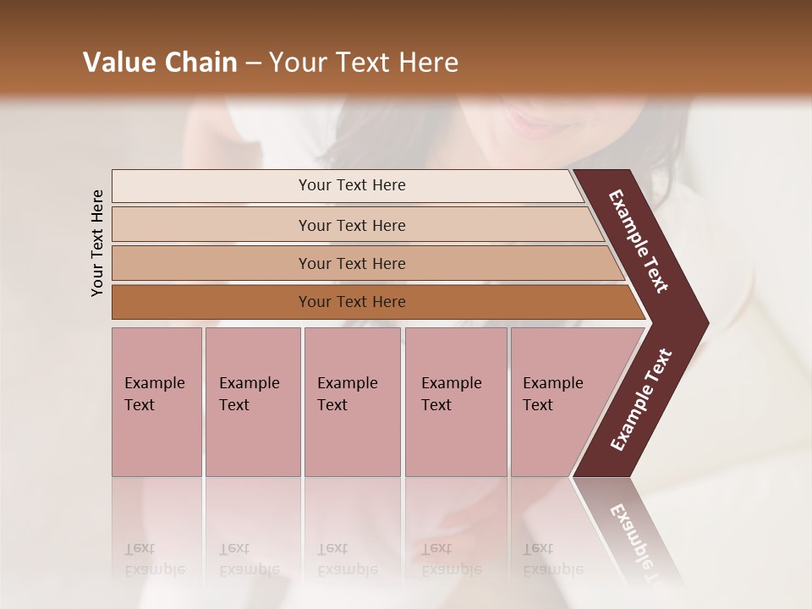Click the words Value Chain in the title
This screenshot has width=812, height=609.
(x=160, y=63)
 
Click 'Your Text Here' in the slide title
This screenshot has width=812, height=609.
(x=364, y=63)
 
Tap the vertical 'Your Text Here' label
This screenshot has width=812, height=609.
(x=97, y=243)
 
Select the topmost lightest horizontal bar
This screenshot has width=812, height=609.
(x=351, y=185)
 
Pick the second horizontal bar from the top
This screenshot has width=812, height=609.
(x=351, y=225)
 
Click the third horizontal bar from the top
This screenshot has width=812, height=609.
(x=351, y=263)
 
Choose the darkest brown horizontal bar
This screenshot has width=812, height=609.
(x=351, y=302)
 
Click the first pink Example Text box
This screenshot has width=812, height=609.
(x=156, y=402)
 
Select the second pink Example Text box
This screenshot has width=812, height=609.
(x=252, y=402)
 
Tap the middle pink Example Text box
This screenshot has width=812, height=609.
(x=352, y=402)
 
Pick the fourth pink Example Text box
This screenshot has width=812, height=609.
(x=455, y=402)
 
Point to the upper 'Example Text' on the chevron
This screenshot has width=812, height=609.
(x=639, y=241)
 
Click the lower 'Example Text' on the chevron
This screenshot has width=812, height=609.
(x=641, y=400)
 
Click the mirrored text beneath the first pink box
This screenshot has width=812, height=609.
(x=154, y=559)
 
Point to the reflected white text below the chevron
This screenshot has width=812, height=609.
(x=636, y=541)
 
